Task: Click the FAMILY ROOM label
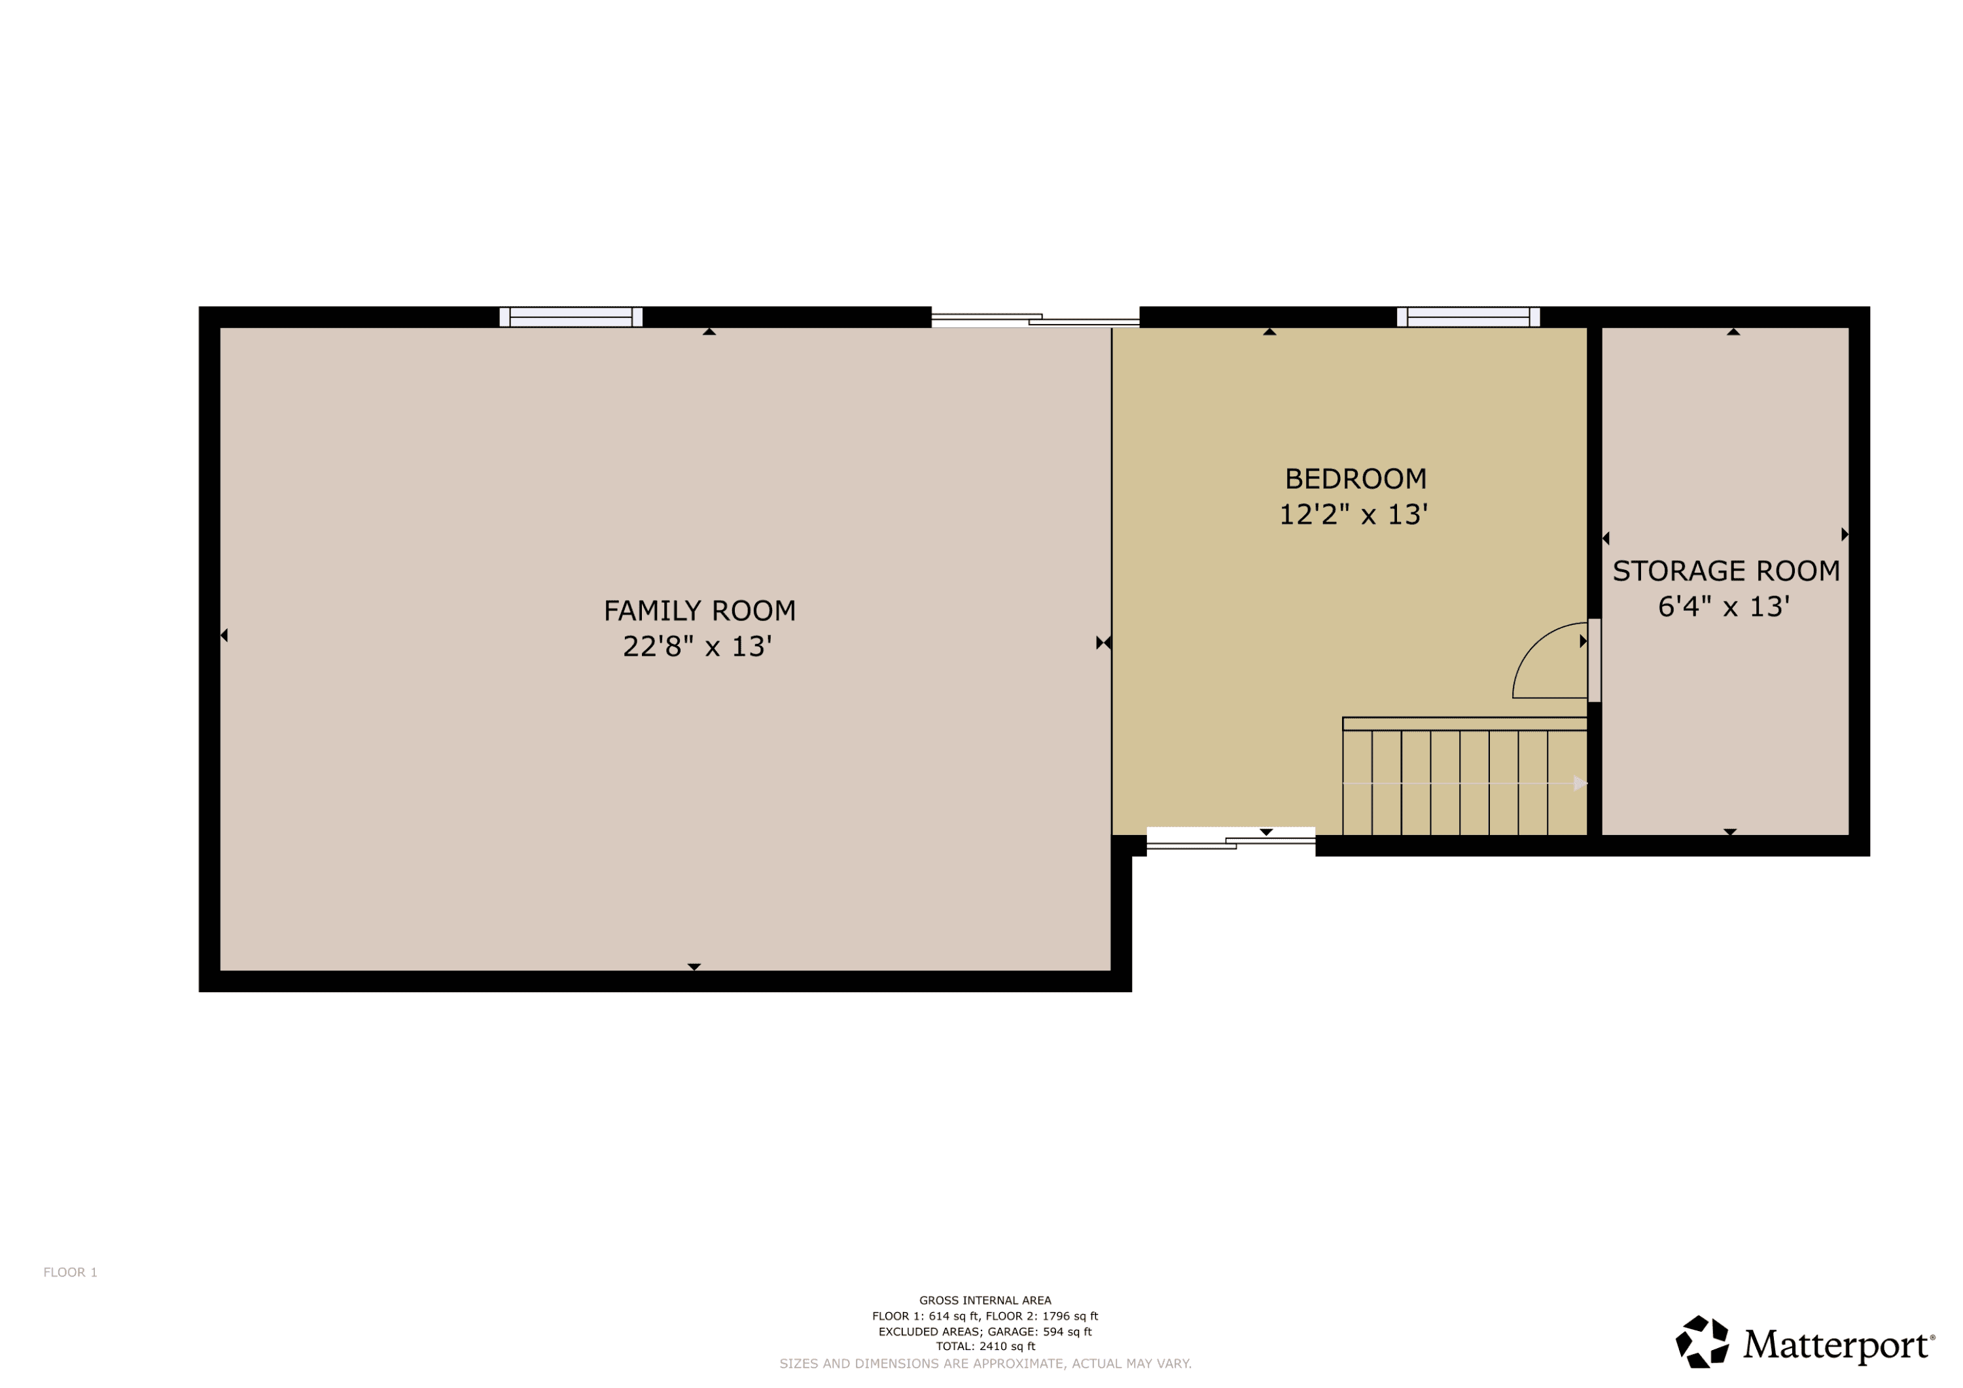[699, 611]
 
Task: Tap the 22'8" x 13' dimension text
[697, 647]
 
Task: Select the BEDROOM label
[1355, 479]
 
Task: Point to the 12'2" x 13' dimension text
[1353, 515]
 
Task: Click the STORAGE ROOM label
[1726, 571]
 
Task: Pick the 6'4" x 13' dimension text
[1724, 607]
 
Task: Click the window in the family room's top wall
[571, 317]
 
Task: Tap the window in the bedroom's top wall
[1468, 317]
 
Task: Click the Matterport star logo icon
[1701, 1342]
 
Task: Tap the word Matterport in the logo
[1838, 1345]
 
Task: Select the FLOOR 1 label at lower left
[70, 1273]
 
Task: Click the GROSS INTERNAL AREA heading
[985, 1301]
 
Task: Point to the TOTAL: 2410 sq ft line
[985, 1346]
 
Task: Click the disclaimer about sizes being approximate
[985, 1363]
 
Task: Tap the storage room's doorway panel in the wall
[1595, 660]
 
